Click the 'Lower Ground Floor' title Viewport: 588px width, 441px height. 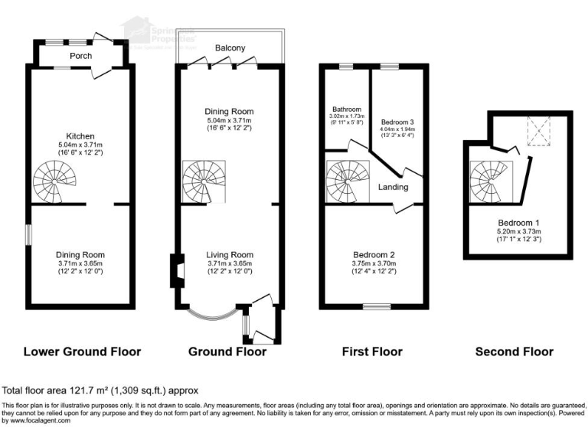click(x=82, y=352)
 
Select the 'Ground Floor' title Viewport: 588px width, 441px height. click(x=227, y=352)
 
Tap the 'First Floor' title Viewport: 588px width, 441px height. click(x=371, y=352)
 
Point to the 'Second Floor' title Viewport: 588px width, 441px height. click(x=514, y=352)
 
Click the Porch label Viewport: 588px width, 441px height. click(x=81, y=55)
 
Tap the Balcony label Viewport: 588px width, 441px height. click(x=230, y=48)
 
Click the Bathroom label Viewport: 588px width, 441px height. click(x=345, y=109)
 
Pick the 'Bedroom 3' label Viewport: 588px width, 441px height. click(x=397, y=122)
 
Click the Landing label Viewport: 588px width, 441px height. click(x=393, y=187)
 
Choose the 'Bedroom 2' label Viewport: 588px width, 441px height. click(x=374, y=255)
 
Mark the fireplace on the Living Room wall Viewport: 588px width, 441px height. click(x=176, y=270)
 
